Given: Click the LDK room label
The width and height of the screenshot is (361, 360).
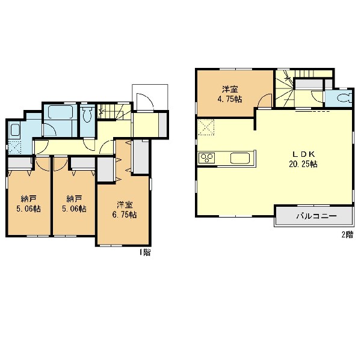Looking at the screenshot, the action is [x=303, y=154].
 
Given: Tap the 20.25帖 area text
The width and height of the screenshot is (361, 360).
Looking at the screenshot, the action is [x=303, y=164].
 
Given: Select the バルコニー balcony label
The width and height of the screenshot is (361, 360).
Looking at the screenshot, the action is [x=316, y=216].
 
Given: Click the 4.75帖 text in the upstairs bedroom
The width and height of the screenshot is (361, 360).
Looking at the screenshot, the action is [x=230, y=99].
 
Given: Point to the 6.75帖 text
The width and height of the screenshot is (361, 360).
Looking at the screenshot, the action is [x=125, y=215].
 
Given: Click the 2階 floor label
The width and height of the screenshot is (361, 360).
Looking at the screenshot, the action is [x=347, y=235].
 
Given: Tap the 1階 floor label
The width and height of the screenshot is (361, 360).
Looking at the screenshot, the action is [x=144, y=252].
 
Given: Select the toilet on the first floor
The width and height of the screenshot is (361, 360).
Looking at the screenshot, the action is [x=87, y=114].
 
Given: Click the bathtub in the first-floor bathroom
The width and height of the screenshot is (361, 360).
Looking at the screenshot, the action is [x=61, y=112].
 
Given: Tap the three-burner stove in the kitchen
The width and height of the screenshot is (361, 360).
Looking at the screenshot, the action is [x=207, y=158].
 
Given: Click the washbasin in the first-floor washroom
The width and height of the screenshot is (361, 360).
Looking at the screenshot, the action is [x=14, y=130].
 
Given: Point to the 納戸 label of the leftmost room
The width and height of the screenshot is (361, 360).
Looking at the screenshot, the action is [x=28, y=198].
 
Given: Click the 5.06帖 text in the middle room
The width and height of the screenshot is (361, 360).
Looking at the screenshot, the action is [x=74, y=209].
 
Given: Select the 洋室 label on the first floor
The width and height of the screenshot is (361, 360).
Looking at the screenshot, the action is [x=125, y=204].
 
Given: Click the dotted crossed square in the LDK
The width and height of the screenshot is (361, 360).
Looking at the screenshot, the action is [x=206, y=127].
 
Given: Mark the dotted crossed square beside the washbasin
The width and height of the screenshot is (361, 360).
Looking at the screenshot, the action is [x=14, y=147].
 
